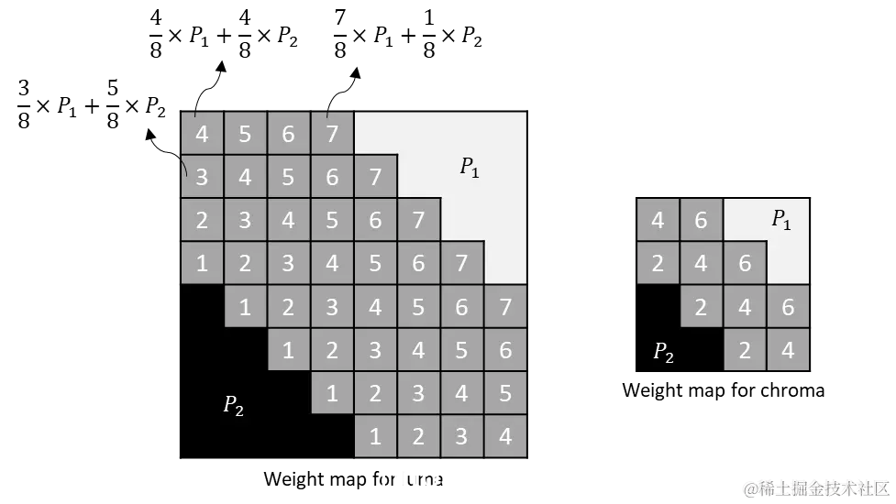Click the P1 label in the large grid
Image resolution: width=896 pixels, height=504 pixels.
pos(470,168)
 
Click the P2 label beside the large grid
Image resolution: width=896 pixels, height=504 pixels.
pos(234,405)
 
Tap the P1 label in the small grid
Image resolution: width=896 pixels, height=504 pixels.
pos(781,220)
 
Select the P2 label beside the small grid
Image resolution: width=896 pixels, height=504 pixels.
pos(663,353)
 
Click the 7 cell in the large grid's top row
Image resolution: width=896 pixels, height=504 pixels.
pos(332,134)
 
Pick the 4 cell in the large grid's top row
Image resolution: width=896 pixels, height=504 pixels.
pos(202,134)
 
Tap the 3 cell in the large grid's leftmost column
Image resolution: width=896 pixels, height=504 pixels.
pos(202,177)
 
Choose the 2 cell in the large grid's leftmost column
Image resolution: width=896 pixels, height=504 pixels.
pos(202,221)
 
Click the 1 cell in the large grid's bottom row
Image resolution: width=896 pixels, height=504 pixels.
pos(375,437)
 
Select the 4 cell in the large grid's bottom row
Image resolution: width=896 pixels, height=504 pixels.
pos(505,437)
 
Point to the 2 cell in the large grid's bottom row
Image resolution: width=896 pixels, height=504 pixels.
pos(419,437)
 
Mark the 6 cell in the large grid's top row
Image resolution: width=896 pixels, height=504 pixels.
pos(288,134)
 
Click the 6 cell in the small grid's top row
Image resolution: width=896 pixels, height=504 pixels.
pos(702,221)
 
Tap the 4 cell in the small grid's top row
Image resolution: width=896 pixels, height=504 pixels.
pos(658,221)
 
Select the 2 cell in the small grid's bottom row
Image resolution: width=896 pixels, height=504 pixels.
pos(745,351)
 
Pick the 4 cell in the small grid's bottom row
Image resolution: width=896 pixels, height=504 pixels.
pos(788,351)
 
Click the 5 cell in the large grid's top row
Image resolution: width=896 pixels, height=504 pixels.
pos(245,134)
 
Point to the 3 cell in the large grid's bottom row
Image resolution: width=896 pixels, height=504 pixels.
pos(462,437)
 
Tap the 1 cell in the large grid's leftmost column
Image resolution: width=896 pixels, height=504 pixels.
pos(202,264)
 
